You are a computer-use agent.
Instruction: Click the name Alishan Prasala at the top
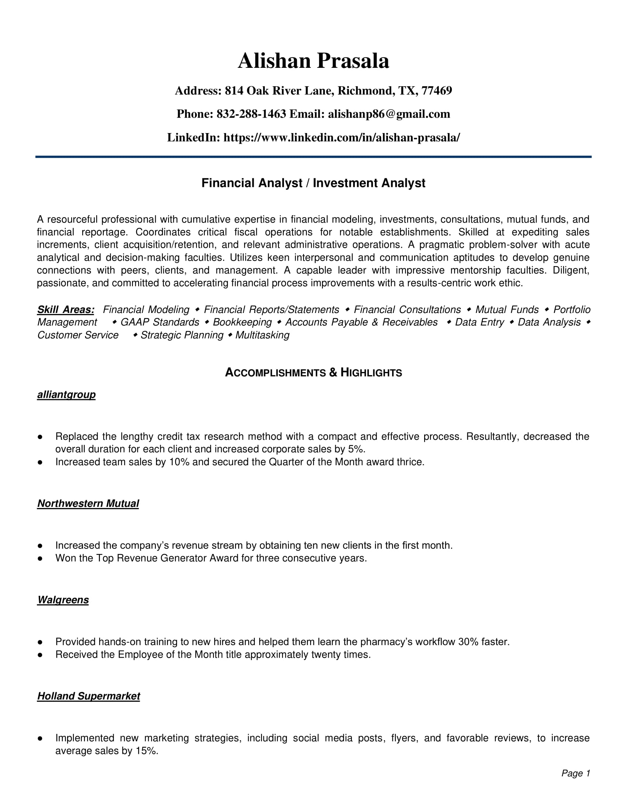tap(313, 61)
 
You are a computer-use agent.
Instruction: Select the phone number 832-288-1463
tap(251, 114)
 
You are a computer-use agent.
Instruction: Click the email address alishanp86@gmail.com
tap(389, 114)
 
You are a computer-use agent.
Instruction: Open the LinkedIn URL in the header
tap(342, 138)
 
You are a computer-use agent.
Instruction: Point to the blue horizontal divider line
tap(313, 157)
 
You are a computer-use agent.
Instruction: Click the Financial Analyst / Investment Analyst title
tap(313, 183)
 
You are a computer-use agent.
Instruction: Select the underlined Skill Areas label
tap(66, 310)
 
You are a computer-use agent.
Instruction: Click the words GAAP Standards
tap(160, 322)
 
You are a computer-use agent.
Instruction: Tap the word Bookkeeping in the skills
tap(242, 322)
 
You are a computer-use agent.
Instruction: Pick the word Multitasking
tap(262, 335)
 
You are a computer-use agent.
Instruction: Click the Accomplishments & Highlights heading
tap(313, 372)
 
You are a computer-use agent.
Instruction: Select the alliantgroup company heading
tap(66, 394)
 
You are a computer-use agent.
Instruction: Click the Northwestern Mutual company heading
tap(88, 504)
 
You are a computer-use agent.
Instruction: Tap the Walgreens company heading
tap(63, 600)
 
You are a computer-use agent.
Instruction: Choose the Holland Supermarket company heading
tap(89, 696)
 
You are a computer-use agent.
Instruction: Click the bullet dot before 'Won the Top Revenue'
tap(40, 558)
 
